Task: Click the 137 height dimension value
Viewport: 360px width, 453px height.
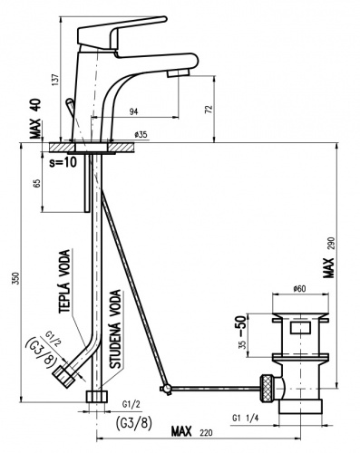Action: [55, 80]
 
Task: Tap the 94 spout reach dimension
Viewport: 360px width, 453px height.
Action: [133, 111]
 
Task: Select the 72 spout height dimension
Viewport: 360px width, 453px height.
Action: [209, 109]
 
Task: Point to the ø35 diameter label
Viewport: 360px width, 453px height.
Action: [141, 134]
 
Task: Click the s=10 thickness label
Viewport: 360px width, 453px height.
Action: [63, 162]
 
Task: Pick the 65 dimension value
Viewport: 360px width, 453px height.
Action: [36, 183]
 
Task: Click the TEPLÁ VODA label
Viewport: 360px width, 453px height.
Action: [64, 281]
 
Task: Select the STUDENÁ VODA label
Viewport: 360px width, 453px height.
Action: [115, 329]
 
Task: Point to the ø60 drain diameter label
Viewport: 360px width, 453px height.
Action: [299, 289]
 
